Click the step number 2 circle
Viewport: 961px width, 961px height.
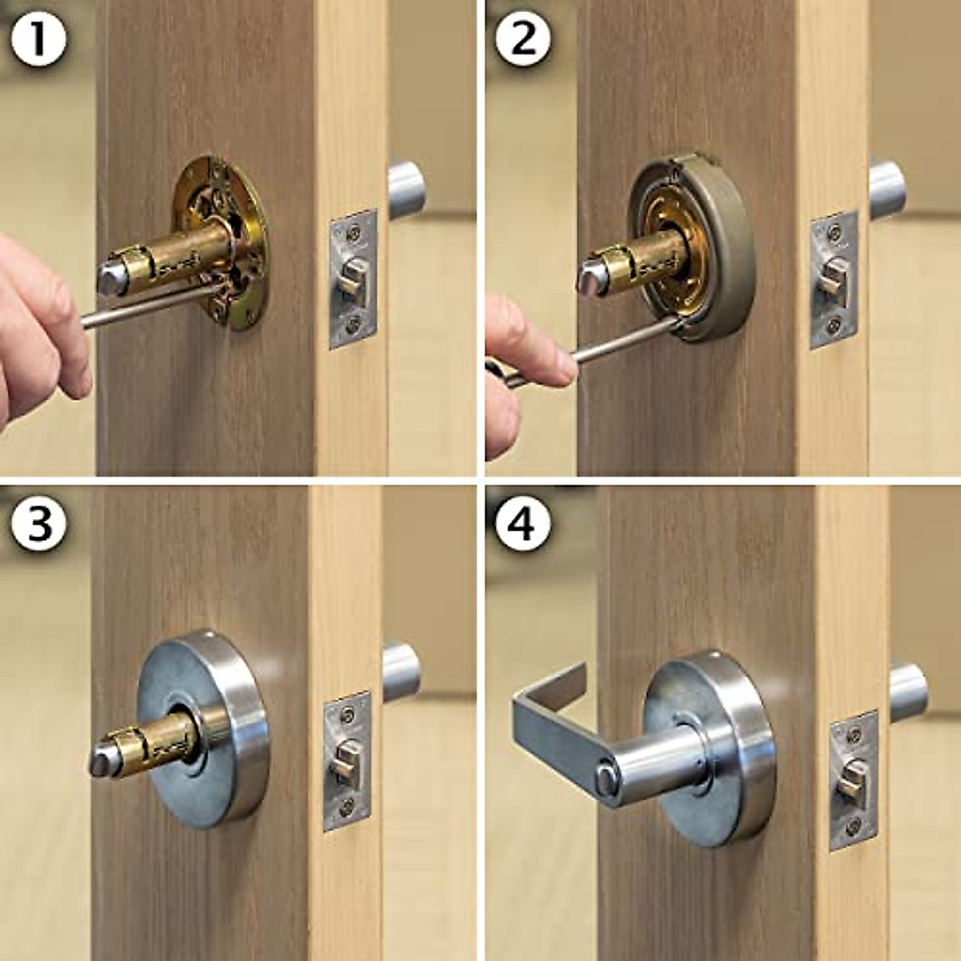(522, 38)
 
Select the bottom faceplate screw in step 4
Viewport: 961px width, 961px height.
(854, 826)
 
